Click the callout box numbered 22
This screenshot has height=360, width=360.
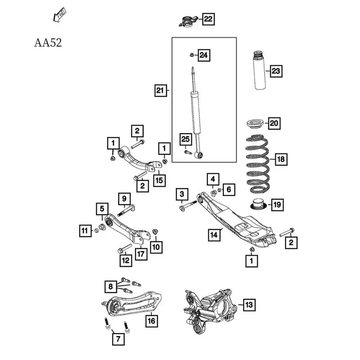(208, 19)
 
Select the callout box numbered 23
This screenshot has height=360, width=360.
(276, 71)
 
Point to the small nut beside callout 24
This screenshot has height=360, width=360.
(191, 55)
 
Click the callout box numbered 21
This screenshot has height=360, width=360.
(160, 90)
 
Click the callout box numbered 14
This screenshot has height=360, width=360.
(214, 234)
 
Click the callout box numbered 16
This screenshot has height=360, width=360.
(152, 321)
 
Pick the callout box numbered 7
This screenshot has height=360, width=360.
(117, 338)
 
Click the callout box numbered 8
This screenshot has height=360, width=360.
(109, 285)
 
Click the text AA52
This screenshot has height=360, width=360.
(48, 43)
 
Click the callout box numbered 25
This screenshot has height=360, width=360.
(186, 139)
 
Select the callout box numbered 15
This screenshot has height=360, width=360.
(159, 180)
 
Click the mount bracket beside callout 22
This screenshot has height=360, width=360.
(187, 20)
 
